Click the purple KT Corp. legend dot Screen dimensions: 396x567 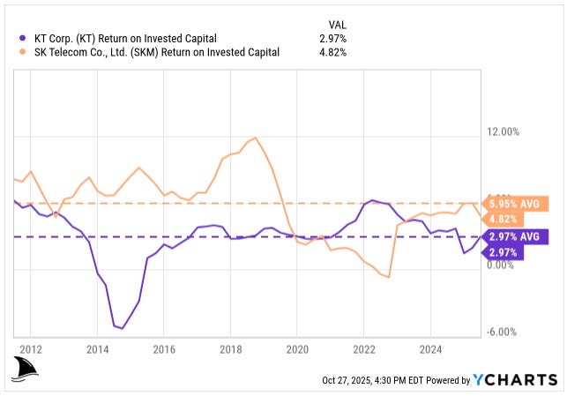tap(20, 38)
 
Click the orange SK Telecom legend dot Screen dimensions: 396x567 tap(20, 52)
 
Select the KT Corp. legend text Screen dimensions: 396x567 tap(123, 38)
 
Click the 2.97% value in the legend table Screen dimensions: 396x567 tap(332, 38)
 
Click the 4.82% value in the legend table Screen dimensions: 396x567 tap(332, 52)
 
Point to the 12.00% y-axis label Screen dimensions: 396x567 tap(504, 131)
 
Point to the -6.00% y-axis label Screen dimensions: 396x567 tap(504, 332)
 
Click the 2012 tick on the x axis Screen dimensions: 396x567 tap(31, 348)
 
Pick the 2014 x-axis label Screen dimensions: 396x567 tap(97, 348)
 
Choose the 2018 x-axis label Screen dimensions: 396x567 tap(230, 348)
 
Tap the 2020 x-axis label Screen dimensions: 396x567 tap(297, 348)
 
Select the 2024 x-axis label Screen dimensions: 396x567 tap(429, 348)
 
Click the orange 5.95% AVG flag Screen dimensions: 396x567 tap(517, 204)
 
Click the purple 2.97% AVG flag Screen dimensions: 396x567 tap(517, 236)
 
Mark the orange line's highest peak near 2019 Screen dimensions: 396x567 tap(256, 138)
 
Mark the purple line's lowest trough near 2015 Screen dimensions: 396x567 tap(122, 328)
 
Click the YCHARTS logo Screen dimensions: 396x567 tap(516, 380)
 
